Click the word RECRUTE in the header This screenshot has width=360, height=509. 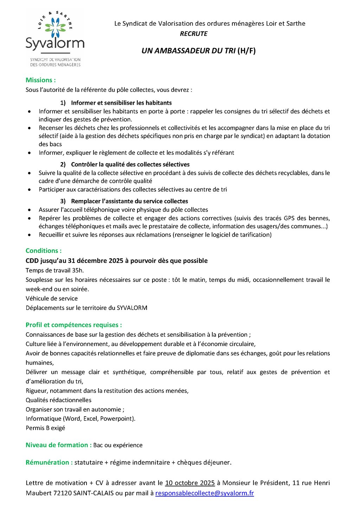pos(194,34)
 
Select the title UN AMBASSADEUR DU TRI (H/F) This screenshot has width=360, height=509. pos(199,51)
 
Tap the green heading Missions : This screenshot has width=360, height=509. pos(41,80)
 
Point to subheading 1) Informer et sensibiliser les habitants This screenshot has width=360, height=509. pos(116,103)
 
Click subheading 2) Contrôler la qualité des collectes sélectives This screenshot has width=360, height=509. pos(125,165)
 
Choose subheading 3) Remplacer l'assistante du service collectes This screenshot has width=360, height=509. pos(124,201)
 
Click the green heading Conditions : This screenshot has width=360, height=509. pos(44,251)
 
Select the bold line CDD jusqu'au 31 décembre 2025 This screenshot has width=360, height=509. pos(116,261)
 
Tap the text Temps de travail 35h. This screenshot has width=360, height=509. pos(55,270)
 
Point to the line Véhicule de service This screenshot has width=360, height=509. pos(52,298)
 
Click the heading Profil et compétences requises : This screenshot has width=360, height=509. pos(74,325)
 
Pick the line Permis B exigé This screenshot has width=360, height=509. pos(45,428)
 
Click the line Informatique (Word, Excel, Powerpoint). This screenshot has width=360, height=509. pos(81,419)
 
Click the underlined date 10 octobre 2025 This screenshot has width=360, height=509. pos(190,483)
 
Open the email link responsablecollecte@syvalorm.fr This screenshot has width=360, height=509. pos(205,493)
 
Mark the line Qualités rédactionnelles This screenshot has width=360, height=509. pos(58,400)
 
